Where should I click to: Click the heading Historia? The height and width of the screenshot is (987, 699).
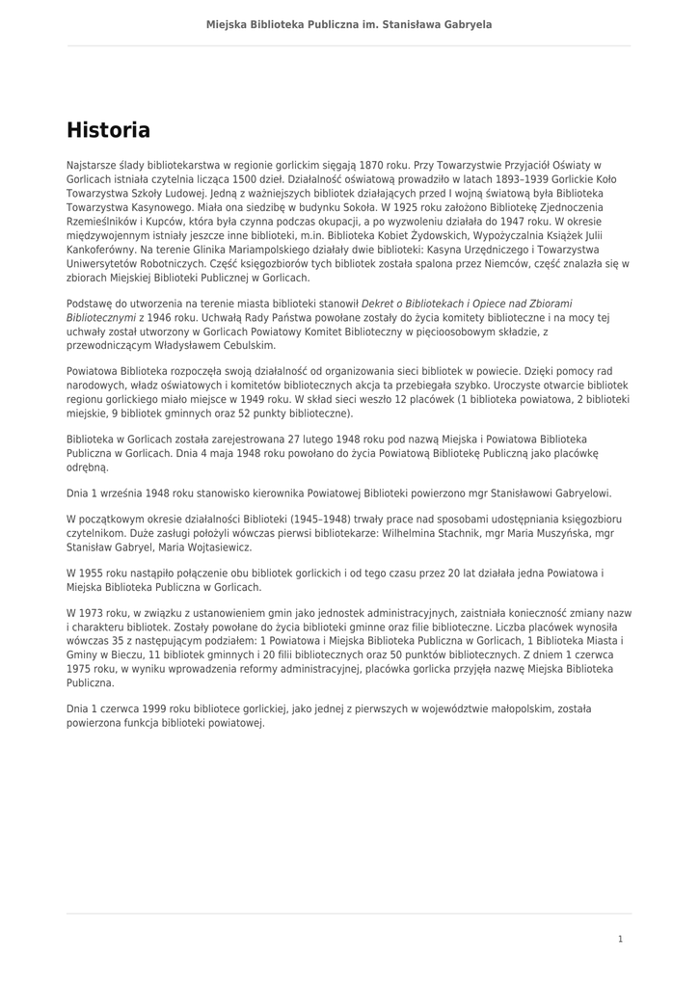point(108,130)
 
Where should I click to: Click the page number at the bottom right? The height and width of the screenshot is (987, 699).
point(620,938)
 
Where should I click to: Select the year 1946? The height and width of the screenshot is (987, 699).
point(156,317)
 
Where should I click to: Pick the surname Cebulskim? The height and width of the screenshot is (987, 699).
point(246,345)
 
